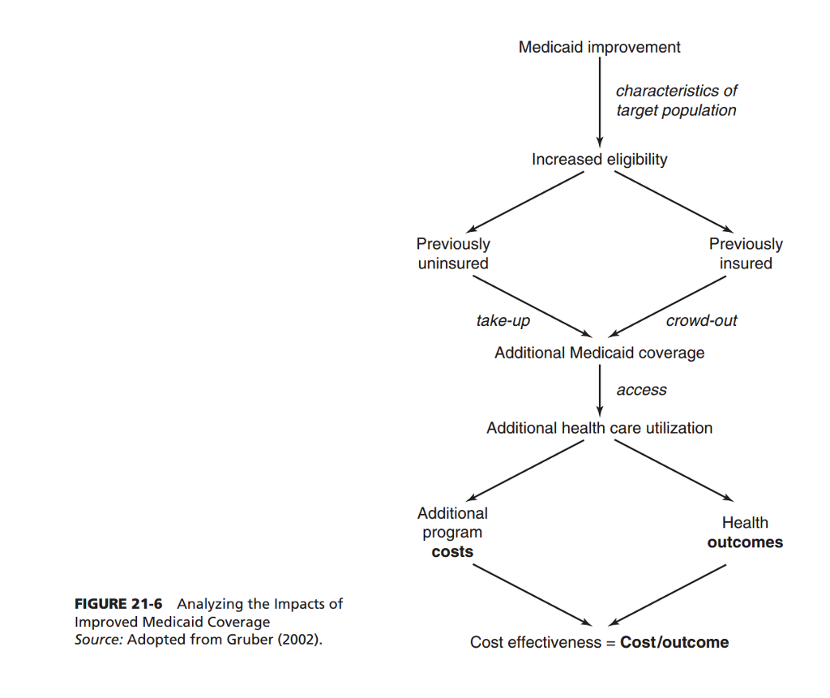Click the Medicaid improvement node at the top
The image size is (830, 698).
pyautogui.click(x=599, y=47)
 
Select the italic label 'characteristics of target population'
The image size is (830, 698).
pyautogui.click(x=676, y=101)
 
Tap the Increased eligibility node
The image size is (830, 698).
pyautogui.click(x=599, y=160)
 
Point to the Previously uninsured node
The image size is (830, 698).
pyautogui.click(x=453, y=254)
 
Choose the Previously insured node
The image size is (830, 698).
pyautogui.click(x=746, y=254)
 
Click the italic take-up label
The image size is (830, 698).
pyautogui.click(x=503, y=321)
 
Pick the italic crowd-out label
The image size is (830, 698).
pyautogui.click(x=701, y=321)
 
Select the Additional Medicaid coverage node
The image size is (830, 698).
pyautogui.click(x=599, y=353)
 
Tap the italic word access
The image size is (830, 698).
pyautogui.click(x=641, y=390)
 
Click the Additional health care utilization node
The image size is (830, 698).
pyautogui.click(x=599, y=428)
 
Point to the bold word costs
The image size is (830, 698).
pyautogui.click(x=452, y=552)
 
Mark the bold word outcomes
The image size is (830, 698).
pyautogui.click(x=745, y=542)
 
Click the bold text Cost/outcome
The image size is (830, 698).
pyautogui.click(x=674, y=643)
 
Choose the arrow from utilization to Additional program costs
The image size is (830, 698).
pyautogui.click(x=527, y=472)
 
